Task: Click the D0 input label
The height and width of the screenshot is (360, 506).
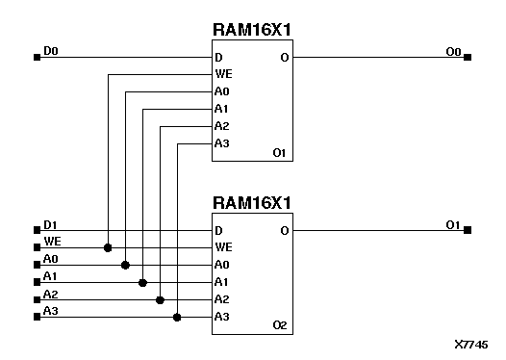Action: [x=51, y=51]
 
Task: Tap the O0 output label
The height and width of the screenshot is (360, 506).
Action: [x=453, y=51]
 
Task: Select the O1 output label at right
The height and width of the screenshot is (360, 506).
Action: [x=453, y=224]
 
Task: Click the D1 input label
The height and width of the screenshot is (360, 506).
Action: [x=51, y=225]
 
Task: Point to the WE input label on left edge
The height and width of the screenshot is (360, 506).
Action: [x=52, y=242]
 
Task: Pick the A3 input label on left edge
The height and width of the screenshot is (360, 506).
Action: [x=51, y=310]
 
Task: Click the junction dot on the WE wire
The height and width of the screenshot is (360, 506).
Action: [x=108, y=247]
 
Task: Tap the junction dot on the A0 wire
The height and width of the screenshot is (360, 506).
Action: [x=125, y=265]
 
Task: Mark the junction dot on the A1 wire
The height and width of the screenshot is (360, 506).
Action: [x=142, y=282]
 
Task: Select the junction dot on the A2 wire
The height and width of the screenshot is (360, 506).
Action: [x=160, y=299]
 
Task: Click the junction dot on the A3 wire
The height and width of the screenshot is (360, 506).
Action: [x=177, y=317]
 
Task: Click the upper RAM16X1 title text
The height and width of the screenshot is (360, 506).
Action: [x=252, y=30]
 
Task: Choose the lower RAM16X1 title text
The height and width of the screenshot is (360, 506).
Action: [x=252, y=203]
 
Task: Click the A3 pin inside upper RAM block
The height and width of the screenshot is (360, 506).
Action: [x=221, y=144]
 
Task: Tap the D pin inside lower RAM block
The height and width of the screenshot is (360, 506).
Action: [x=218, y=231]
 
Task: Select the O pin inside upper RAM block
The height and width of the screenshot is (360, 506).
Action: [x=284, y=58]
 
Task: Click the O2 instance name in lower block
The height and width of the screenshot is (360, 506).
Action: [x=280, y=325]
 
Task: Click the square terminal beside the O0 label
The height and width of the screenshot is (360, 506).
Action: [x=468, y=58]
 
